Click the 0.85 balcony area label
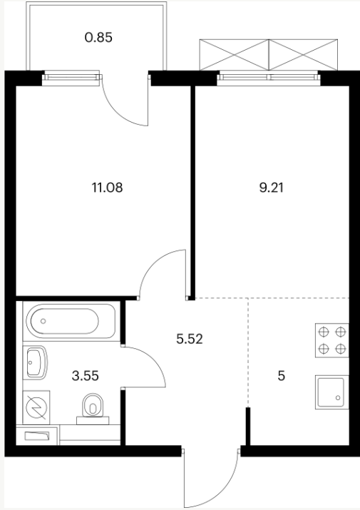[x=98, y=37]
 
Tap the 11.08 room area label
[x=108, y=188]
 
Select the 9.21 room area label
[x=271, y=188]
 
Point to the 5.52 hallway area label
[x=190, y=339]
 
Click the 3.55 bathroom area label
[x=86, y=376]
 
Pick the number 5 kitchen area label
[x=282, y=376]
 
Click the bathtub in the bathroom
[x=71, y=321]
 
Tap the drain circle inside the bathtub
[x=43, y=321]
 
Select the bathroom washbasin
[x=36, y=362]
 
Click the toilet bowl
[x=93, y=406]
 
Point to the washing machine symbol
[x=36, y=407]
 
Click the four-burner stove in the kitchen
[x=331, y=340]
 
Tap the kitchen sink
[x=331, y=392]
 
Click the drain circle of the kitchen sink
[x=338, y=397]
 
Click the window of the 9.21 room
[x=269, y=78]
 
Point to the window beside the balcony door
[x=71, y=78]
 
